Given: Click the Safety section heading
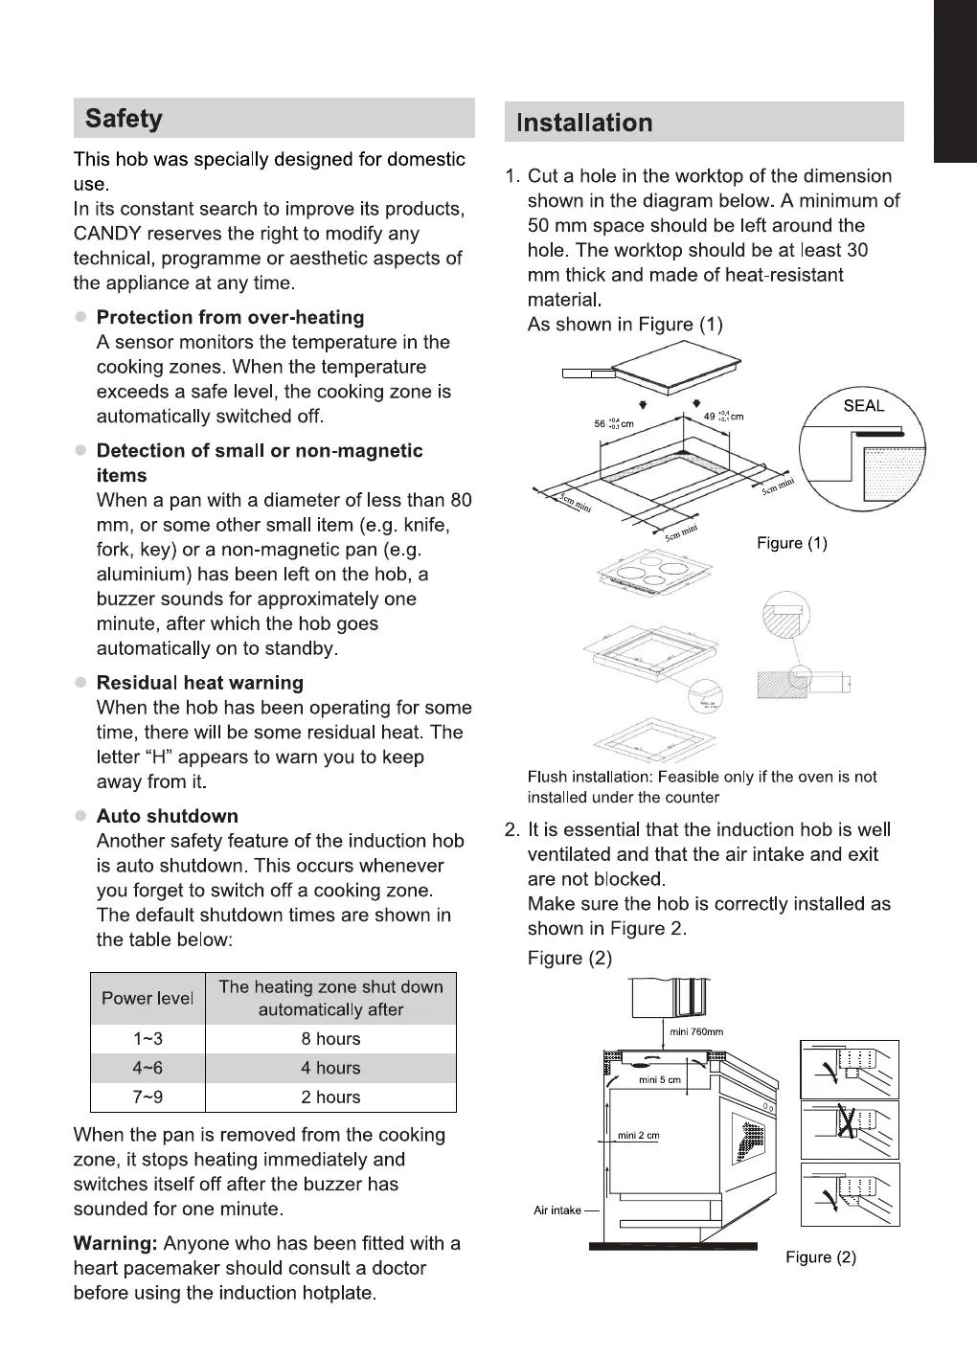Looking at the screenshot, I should (124, 119).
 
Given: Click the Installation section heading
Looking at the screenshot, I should (584, 123).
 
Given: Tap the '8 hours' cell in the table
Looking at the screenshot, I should (330, 1039).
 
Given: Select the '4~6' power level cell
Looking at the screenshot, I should (148, 1068).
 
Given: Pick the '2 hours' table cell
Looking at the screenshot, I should (330, 1097).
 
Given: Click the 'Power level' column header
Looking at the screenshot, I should (148, 998).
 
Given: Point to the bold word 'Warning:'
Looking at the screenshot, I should (115, 1243).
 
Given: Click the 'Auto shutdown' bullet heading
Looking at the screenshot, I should (168, 816).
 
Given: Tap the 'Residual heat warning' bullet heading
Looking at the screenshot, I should (200, 683).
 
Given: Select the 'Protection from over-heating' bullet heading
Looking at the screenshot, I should (230, 317).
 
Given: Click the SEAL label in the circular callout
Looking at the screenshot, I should (863, 405).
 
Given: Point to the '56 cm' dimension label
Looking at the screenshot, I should (614, 423).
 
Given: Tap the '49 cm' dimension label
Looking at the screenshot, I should (723, 417).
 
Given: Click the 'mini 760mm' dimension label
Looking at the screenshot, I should (696, 1031).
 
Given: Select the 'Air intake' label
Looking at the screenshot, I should (557, 1210).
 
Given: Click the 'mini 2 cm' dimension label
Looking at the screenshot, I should (638, 1136).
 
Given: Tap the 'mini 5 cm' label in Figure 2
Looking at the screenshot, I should (659, 1080).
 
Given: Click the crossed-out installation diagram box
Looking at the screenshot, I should (850, 1129).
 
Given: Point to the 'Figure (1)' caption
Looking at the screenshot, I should (791, 543).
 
